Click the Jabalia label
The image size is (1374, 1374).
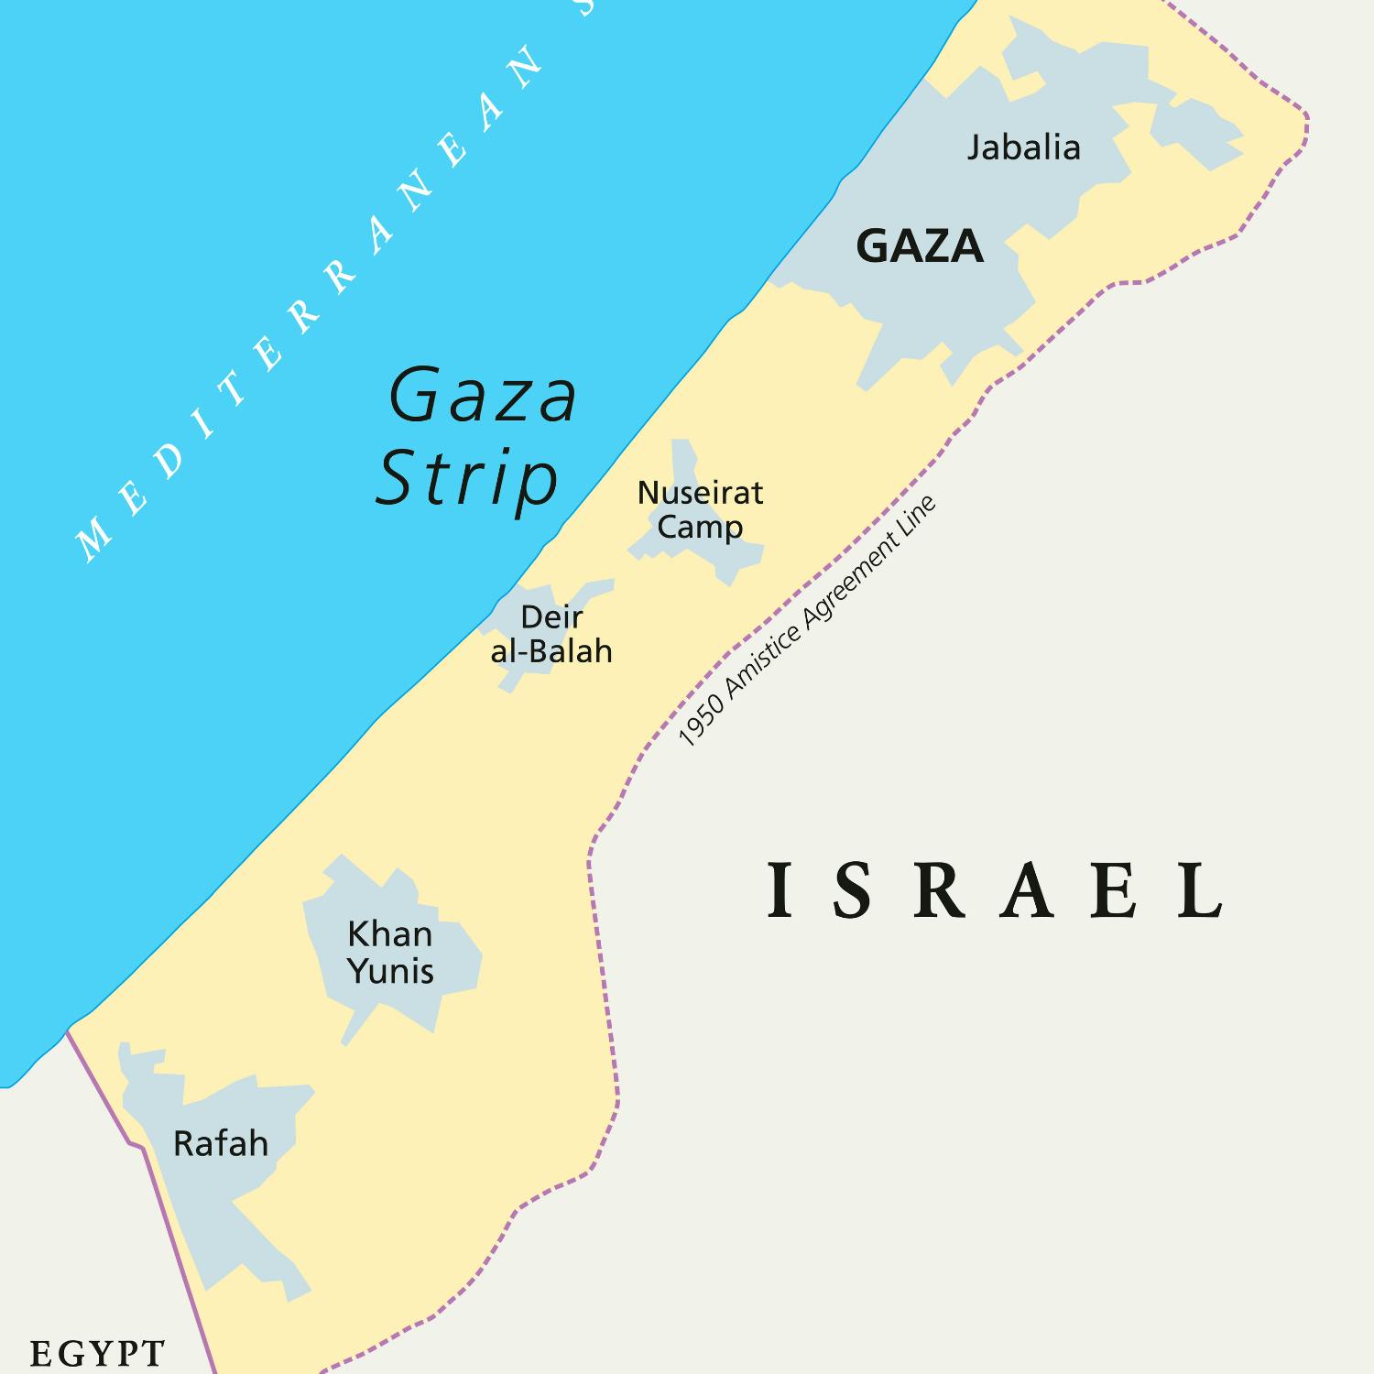[x=1023, y=147]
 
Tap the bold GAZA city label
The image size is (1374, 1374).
[x=919, y=246]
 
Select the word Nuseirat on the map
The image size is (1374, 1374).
[x=700, y=493]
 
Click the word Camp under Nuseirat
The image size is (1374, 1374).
[x=700, y=528]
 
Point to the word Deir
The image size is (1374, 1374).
[x=551, y=617]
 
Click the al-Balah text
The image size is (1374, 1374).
[x=551, y=651]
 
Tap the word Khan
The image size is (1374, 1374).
[x=389, y=934]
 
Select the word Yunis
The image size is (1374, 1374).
[x=390, y=971]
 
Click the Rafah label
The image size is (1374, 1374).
[x=221, y=1144]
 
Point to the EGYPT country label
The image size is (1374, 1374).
[x=97, y=1353]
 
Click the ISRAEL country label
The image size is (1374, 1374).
[x=995, y=890]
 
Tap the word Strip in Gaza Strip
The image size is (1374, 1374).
[x=467, y=478]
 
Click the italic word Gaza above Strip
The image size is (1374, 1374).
[x=483, y=396]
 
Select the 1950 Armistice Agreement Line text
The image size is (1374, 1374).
[x=807, y=622]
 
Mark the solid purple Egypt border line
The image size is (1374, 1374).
[x=174, y=1255]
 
